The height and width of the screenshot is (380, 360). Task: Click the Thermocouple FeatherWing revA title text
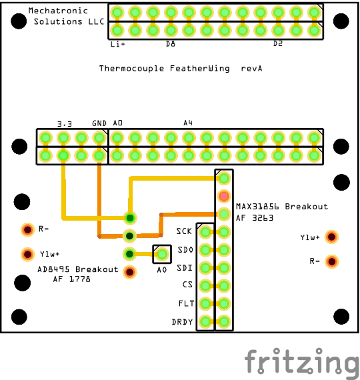[x=181, y=69]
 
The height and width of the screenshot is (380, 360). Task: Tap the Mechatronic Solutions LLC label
[x=66, y=16]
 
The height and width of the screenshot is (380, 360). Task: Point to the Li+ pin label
[x=117, y=44]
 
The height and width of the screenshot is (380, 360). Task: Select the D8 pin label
[x=171, y=44]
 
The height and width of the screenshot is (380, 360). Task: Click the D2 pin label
[x=278, y=43]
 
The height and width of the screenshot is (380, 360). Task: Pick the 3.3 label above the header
[x=65, y=124]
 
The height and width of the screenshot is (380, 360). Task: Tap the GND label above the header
[x=99, y=123]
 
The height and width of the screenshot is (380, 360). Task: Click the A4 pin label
[x=188, y=123]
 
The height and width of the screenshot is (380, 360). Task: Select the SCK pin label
[x=184, y=231]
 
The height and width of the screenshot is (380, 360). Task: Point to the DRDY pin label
[x=182, y=322]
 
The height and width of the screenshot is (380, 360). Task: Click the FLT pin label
[x=186, y=303]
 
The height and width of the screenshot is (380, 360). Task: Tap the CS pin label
[x=187, y=285]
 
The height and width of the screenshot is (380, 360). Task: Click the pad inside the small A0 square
[x=162, y=254]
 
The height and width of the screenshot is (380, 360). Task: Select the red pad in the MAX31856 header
[x=224, y=196]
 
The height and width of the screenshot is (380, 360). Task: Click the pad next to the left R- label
[x=27, y=229]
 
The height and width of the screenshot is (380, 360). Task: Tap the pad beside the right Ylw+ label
[x=331, y=237]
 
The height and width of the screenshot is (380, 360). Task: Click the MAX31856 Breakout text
[x=282, y=207]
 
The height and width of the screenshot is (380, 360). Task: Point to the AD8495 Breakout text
[x=78, y=269]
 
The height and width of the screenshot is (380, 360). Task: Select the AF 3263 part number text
[x=255, y=218]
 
